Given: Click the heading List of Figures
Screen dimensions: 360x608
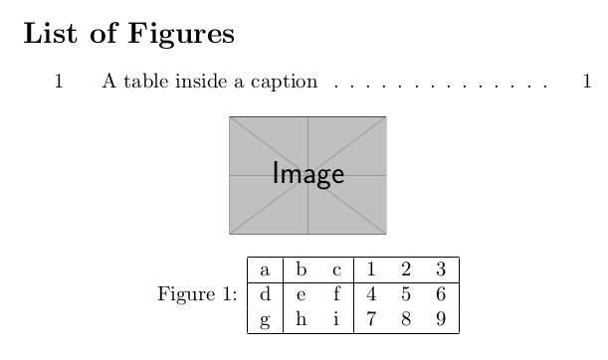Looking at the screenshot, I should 128,34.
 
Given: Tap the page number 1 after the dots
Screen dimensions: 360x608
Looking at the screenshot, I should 587,82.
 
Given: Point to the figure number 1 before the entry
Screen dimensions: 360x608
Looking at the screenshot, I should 59,82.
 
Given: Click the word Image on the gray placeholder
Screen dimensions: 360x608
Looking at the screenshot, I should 308,175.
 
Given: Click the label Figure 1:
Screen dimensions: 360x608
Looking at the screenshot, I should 197,294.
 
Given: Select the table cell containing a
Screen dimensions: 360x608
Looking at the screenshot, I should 265,270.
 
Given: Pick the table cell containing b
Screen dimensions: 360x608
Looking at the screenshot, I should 301,270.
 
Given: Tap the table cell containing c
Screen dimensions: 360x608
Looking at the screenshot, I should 336,270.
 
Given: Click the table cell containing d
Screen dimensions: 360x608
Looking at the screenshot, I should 265,294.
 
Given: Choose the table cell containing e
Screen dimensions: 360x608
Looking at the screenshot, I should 301,294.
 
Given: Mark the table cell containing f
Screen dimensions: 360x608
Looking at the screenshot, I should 336,294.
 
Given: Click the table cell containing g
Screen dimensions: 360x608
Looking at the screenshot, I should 265,320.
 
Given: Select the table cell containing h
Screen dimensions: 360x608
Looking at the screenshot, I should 301,320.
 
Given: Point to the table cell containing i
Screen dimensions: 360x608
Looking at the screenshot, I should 336,320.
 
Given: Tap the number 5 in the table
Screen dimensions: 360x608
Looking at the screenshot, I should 405,294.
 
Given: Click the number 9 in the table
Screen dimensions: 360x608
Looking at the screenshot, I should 439,320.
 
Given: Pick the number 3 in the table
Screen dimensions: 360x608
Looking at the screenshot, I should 439,270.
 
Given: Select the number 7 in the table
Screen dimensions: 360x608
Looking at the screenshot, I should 371,320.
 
